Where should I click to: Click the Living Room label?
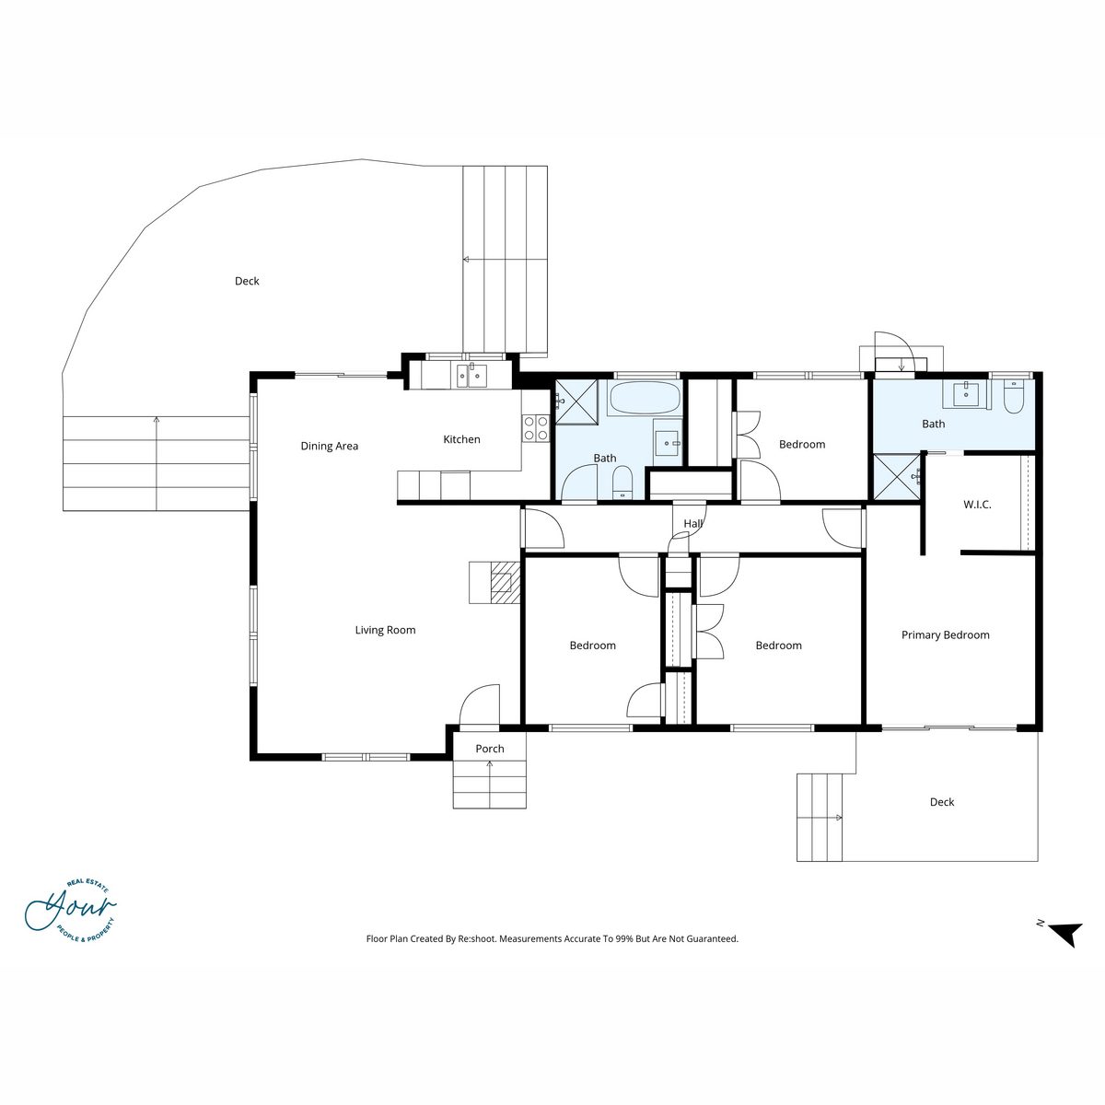coord(385,630)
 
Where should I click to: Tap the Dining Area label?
coord(329,446)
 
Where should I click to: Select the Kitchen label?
coord(461,439)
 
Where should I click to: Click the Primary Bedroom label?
coord(945,634)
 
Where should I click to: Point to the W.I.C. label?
coord(977,505)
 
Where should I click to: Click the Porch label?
coord(490,749)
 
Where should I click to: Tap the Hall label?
coord(692,524)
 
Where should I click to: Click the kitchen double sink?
coord(471,377)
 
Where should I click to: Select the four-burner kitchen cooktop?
coord(536,428)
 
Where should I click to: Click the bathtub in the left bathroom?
coord(645,398)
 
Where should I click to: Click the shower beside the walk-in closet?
coord(897,476)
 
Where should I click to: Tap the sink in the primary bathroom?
coord(967,394)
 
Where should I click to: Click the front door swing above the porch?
coord(480,705)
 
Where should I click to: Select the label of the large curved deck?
coord(247,281)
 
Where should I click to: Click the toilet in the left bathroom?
coord(622,483)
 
